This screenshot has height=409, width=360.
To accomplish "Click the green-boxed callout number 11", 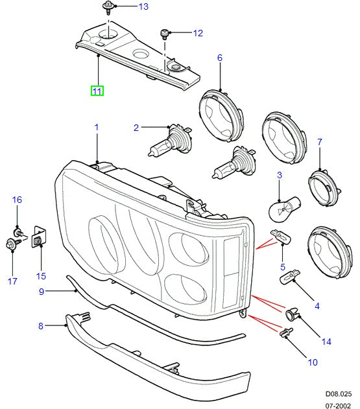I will pyautogui.click(x=96, y=91).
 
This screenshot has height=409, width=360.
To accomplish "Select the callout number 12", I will pyautogui.click(x=198, y=33).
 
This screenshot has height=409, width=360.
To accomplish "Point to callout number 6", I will pyautogui.click(x=220, y=58).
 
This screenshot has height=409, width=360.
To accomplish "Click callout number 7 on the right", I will pyautogui.click(x=319, y=141).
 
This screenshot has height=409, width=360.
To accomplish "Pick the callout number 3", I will pyautogui.click(x=279, y=175).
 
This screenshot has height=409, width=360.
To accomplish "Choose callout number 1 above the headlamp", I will pyautogui.click(x=97, y=128).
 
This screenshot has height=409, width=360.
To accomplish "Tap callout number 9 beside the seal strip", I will pyautogui.click(x=41, y=292).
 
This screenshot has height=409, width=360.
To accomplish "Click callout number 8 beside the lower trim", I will pyautogui.click(x=41, y=326).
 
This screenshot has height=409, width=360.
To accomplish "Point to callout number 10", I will pyautogui.click(x=313, y=362).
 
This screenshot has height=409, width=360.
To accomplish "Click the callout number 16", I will pyautogui.click(x=17, y=200).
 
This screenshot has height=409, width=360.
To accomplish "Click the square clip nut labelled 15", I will pyautogui.click(x=38, y=239).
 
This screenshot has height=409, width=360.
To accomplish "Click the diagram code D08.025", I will pyautogui.click(x=339, y=393).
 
